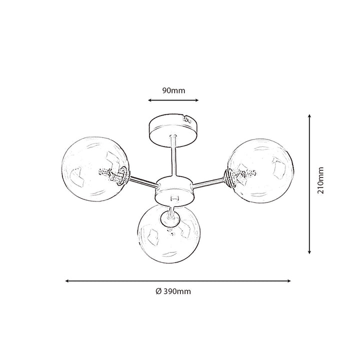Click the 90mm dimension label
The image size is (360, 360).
point(173,90)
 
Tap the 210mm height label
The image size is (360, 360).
point(320,180)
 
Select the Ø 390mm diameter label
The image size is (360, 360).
point(173,291)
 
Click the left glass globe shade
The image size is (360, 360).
point(95,169)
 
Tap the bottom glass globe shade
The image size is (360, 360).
point(169,233)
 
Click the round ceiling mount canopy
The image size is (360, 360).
point(173,129)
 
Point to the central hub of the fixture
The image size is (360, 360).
point(175,190)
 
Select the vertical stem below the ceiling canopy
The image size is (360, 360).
point(173,156)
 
